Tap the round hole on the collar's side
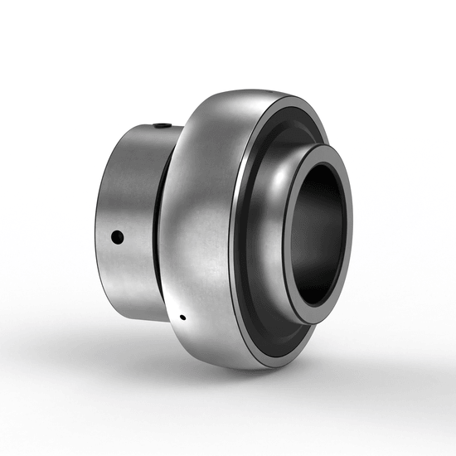(x=117, y=238)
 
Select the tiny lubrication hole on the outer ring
(x=182, y=316)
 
